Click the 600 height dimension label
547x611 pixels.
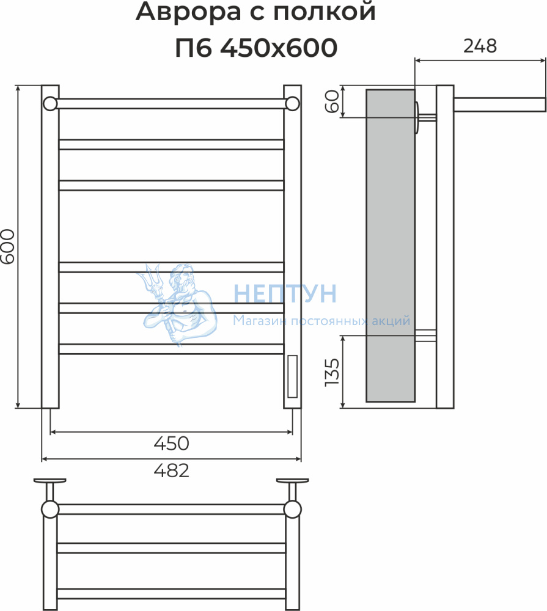point(7,246)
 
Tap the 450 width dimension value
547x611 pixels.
point(172,444)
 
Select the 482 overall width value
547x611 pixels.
point(172,470)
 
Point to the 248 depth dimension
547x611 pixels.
point(480,46)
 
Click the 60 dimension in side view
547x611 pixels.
point(332,101)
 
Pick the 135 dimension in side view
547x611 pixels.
point(332,372)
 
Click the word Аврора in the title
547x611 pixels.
point(188,12)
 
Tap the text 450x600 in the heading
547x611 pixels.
point(279,48)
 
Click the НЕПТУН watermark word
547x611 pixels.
point(285,293)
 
